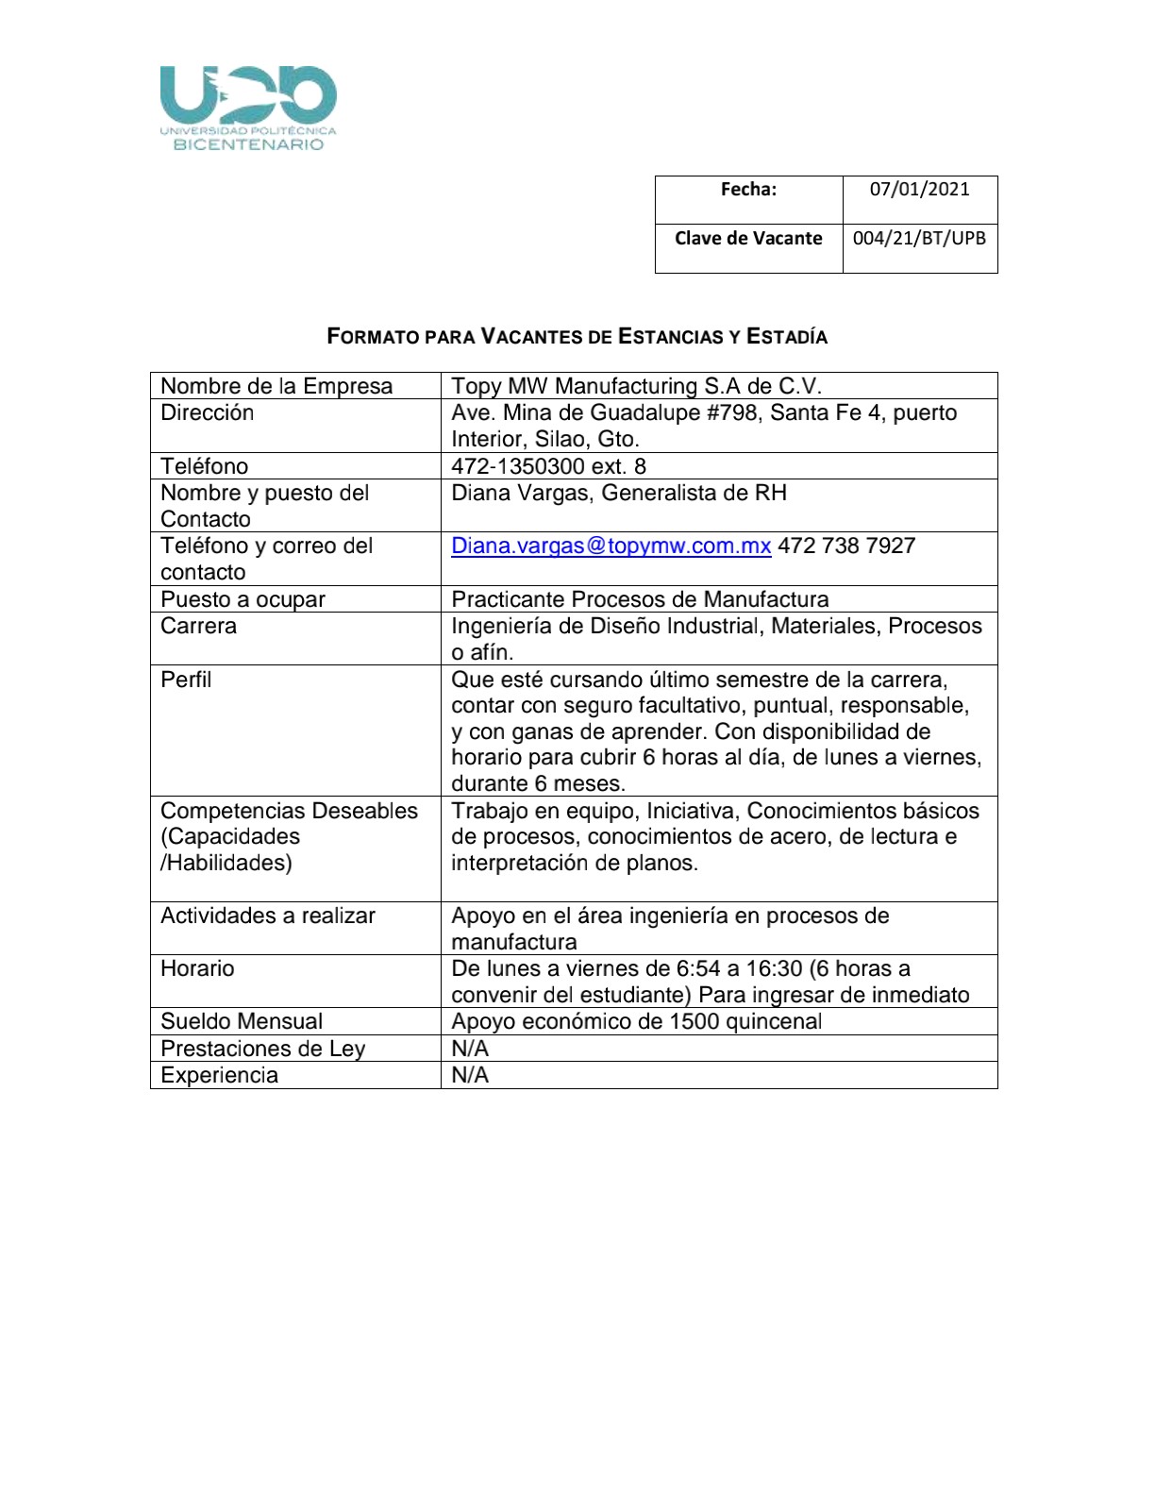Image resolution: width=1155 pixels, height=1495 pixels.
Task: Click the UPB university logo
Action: pyautogui.click(x=248, y=108)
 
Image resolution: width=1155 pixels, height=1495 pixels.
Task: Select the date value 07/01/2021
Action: pyautogui.click(x=919, y=189)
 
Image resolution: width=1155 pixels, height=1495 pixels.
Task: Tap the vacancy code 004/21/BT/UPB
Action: pyautogui.click(x=919, y=238)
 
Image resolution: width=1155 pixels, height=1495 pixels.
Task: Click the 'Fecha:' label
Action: pyautogui.click(x=748, y=189)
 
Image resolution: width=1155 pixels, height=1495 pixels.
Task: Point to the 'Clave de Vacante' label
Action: pyautogui.click(x=748, y=238)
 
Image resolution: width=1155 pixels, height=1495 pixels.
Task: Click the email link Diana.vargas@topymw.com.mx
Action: pyautogui.click(x=611, y=546)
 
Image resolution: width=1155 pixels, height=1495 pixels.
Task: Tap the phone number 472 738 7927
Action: pyautogui.click(x=846, y=546)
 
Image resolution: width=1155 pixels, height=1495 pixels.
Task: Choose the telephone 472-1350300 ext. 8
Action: pyautogui.click(x=548, y=466)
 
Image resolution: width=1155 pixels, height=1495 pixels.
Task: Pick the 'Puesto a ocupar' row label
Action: pyautogui.click(x=243, y=599)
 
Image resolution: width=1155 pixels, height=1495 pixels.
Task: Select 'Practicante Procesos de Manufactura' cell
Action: pyautogui.click(x=640, y=599)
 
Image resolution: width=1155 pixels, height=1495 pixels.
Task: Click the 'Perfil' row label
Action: pyautogui.click(x=186, y=680)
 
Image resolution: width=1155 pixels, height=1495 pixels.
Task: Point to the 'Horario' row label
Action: pyautogui.click(x=197, y=968)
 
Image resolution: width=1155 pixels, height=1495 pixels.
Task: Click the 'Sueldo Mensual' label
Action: pyautogui.click(x=242, y=1021)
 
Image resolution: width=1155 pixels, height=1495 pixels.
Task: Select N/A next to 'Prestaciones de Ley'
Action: pyautogui.click(x=470, y=1049)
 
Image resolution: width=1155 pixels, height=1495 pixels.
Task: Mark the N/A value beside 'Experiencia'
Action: pyautogui.click(x=470, y=1075)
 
